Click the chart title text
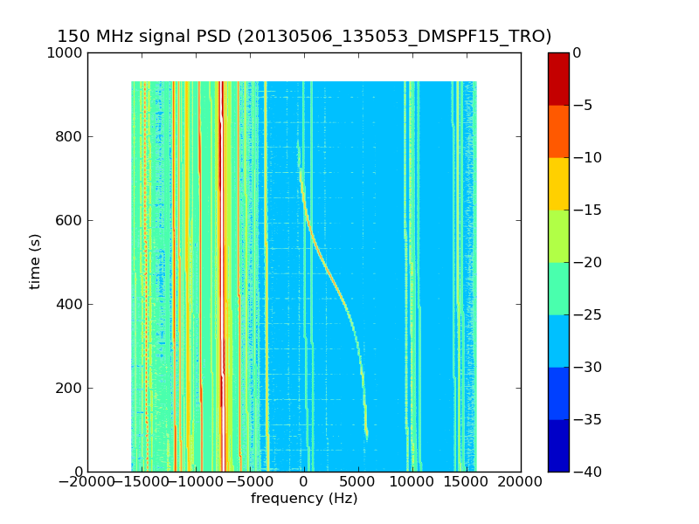(x=304, y=37)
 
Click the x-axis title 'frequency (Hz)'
(x=304, y=499)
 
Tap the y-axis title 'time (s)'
(x=36, y=261)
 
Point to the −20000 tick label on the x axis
(x=87, y=482)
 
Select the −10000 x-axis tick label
(x=196, y=482)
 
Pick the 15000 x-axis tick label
(x=467, y=482)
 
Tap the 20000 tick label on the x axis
(x=521, y=482)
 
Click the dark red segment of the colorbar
(x=558, y=79)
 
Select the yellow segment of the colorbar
(x=558, y=183)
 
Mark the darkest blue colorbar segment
(x=558, y=445)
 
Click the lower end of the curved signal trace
(x=367, y=434)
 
